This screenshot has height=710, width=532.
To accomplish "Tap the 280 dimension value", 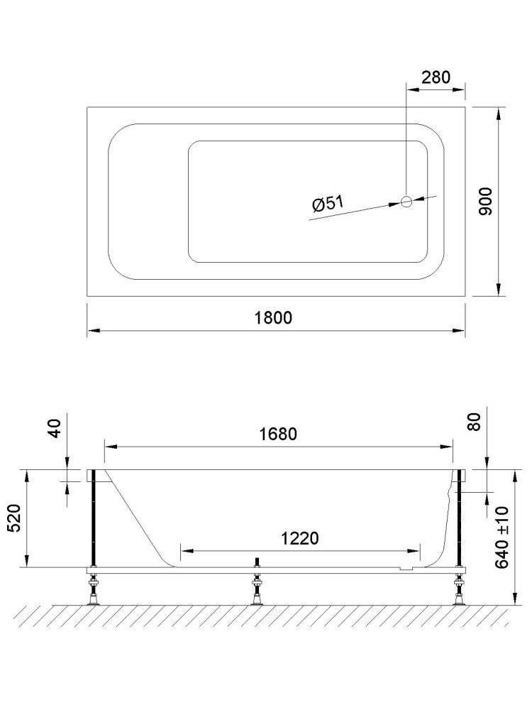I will tap(436, 77).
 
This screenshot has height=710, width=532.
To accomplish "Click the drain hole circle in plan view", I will tap(407, 201).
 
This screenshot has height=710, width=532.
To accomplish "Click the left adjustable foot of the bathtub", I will tap(92, 591).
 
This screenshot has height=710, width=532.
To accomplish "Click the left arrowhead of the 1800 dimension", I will tap(92, 330).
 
